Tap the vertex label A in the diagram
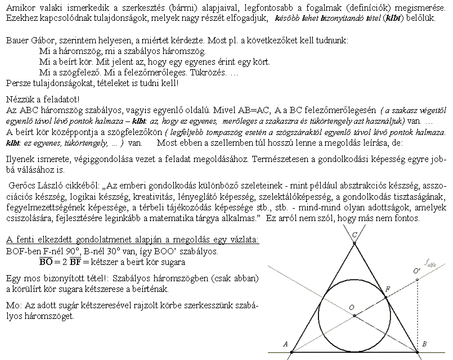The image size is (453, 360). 285,344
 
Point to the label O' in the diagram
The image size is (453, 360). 416,272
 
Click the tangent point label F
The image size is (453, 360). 387,289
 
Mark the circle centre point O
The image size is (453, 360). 354,316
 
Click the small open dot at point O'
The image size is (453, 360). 417,279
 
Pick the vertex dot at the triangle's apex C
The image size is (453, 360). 354,243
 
